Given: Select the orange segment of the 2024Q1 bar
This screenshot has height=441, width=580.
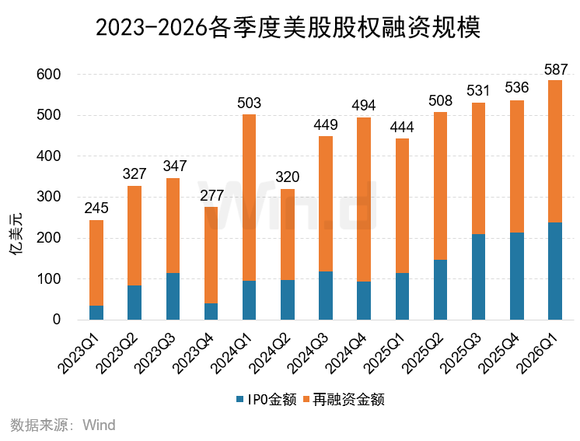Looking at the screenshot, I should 250,198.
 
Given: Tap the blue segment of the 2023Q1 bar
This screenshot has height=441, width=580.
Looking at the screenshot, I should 96,313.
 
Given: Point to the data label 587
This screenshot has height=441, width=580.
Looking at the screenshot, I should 555,68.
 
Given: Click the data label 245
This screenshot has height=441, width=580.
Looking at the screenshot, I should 96,208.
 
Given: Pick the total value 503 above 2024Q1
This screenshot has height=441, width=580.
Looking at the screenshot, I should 250,103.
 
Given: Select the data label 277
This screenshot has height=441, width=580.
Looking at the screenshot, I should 211,194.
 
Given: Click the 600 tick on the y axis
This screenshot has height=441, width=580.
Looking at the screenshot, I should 48,75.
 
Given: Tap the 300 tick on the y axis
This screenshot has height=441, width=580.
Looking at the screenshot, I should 48,198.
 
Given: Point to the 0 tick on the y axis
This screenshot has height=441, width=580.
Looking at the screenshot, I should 56,320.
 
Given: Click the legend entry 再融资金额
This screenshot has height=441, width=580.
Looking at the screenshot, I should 348,400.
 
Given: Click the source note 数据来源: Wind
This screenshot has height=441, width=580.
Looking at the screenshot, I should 63,425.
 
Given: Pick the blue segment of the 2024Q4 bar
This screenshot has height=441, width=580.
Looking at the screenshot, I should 364,300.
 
